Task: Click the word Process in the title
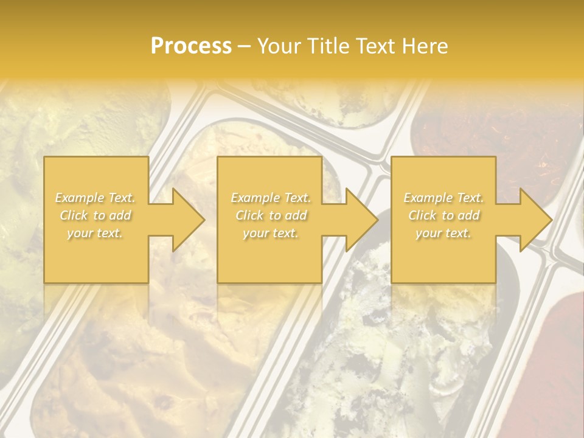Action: [191, 46]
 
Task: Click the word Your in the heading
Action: [281, 46]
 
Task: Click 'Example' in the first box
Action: [80, 198]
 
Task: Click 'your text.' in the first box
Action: [95, 233]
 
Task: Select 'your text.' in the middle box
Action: [270, 233]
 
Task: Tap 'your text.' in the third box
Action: [443, 233]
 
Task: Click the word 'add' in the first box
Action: [120, 215]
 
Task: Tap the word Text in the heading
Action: [377, 46]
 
